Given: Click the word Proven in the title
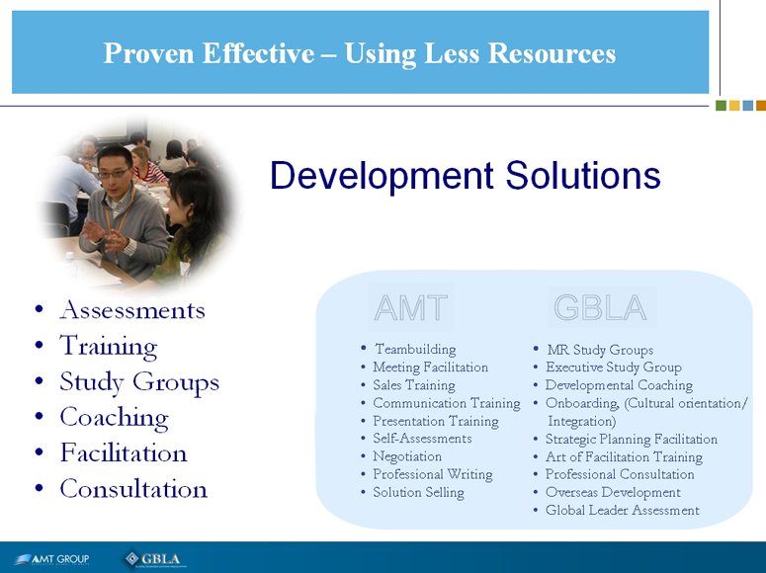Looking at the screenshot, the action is (x=148, y=53).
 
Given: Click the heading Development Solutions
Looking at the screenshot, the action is (x=466, y=176).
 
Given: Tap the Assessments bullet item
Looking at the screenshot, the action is (x=131, y=309).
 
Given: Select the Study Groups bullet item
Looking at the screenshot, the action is (x=139, y=382).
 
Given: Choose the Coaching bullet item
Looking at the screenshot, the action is (x=115, y=418).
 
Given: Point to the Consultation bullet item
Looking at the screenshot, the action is (x=133, y=488).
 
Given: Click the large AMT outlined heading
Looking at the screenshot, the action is (x=411, y=308).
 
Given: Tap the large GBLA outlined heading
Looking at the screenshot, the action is (x=600, y=308).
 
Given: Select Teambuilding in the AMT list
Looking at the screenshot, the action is (x=415, y=350).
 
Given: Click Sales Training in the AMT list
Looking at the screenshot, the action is (x=414, y=385).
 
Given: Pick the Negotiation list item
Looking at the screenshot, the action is (x=407, y=456).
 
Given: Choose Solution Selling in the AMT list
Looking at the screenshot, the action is (x=418, y=492).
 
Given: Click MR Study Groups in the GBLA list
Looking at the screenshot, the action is (x=600, y=350).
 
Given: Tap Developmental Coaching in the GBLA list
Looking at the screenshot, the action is (x=619, y=385).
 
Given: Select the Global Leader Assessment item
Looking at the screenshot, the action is (x=623, y=510).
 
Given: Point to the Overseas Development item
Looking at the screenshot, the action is (x=613, y=492).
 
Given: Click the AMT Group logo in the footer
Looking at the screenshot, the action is (x=51, y=559).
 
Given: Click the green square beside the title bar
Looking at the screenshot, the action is (x=721, y=106).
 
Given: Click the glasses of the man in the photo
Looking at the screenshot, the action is (x=115, y=173).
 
